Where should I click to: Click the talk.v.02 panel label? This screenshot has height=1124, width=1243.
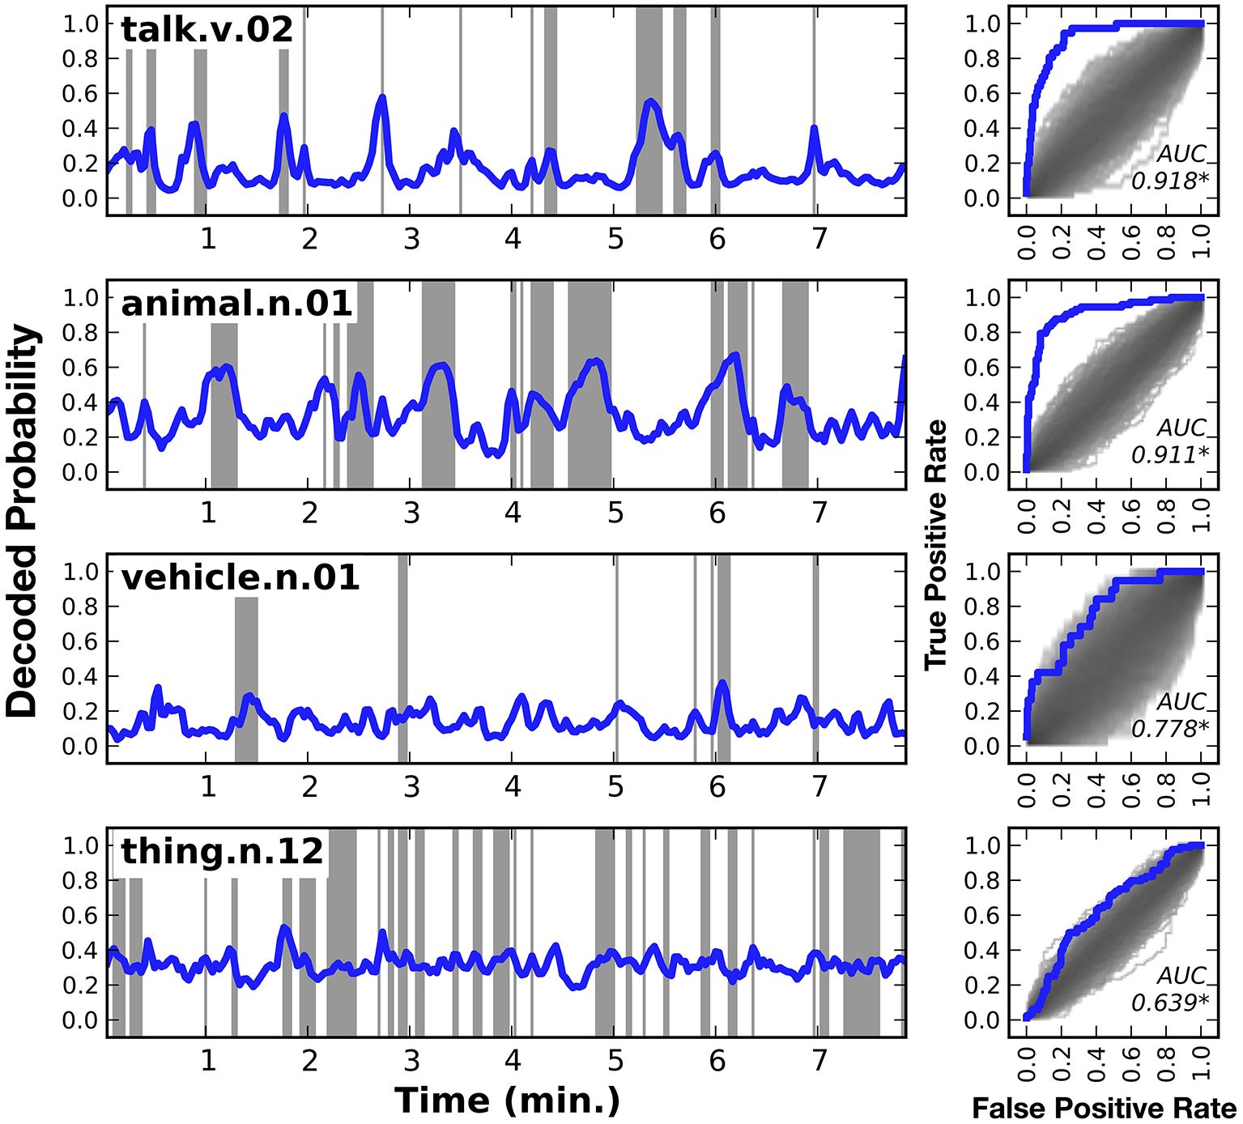pyautogui.click(x=206, y=30)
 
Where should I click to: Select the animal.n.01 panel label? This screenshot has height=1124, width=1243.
pyautogui.click(x=236, y=304)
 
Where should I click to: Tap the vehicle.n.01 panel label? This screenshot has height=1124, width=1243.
pyautogui.click(x=240, y=577)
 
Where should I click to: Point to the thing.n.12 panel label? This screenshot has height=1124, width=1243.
pyautogui.click(x=222, y=851)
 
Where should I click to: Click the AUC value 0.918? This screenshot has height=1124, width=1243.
pyautogui.click(x=1169, y=181)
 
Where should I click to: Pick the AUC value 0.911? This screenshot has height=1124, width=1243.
pyautogui.click(x=1169, y=455)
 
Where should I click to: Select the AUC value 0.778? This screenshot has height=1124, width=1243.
pyautogui.click(x=1169, y=729)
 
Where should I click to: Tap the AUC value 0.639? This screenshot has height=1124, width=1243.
pyautogui.click(x=1169, y=1003)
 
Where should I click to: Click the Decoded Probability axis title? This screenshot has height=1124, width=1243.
pyautogui.click(x=23, y=522)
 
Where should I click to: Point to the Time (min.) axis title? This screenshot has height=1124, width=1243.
pyautogui.click(x=507, y=1101)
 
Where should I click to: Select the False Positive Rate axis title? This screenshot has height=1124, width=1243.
pyautogui.click(x=1104, y=1109)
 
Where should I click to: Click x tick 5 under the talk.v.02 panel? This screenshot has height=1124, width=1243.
pyautogui.click(x=615, y=239)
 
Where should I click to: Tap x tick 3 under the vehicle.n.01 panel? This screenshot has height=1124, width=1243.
pyautogui.click(x=411, y=786)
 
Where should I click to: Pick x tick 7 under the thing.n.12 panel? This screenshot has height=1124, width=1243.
pyautogui.click(x=819, y=1060)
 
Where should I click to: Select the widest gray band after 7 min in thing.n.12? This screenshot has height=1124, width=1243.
pyautogui.click(x=861, y=931)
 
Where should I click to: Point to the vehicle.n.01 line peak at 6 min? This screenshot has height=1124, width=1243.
pyautogui.click(x=722, y=684)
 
